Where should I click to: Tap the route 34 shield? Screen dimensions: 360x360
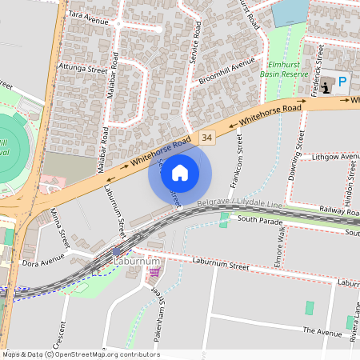tap(208, 138)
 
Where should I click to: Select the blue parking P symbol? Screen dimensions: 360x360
tap(342, 82)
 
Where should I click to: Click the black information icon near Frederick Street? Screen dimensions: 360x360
tap(326, 82)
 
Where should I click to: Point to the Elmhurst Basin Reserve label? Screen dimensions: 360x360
tap(283, 69)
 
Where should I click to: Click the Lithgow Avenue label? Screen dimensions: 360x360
tap(334, 158)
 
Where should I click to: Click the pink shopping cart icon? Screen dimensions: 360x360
tap(154, 273)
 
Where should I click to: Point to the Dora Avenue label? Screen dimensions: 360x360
tap(42, 261)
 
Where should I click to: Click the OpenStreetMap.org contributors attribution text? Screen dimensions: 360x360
tap(107, 354)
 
